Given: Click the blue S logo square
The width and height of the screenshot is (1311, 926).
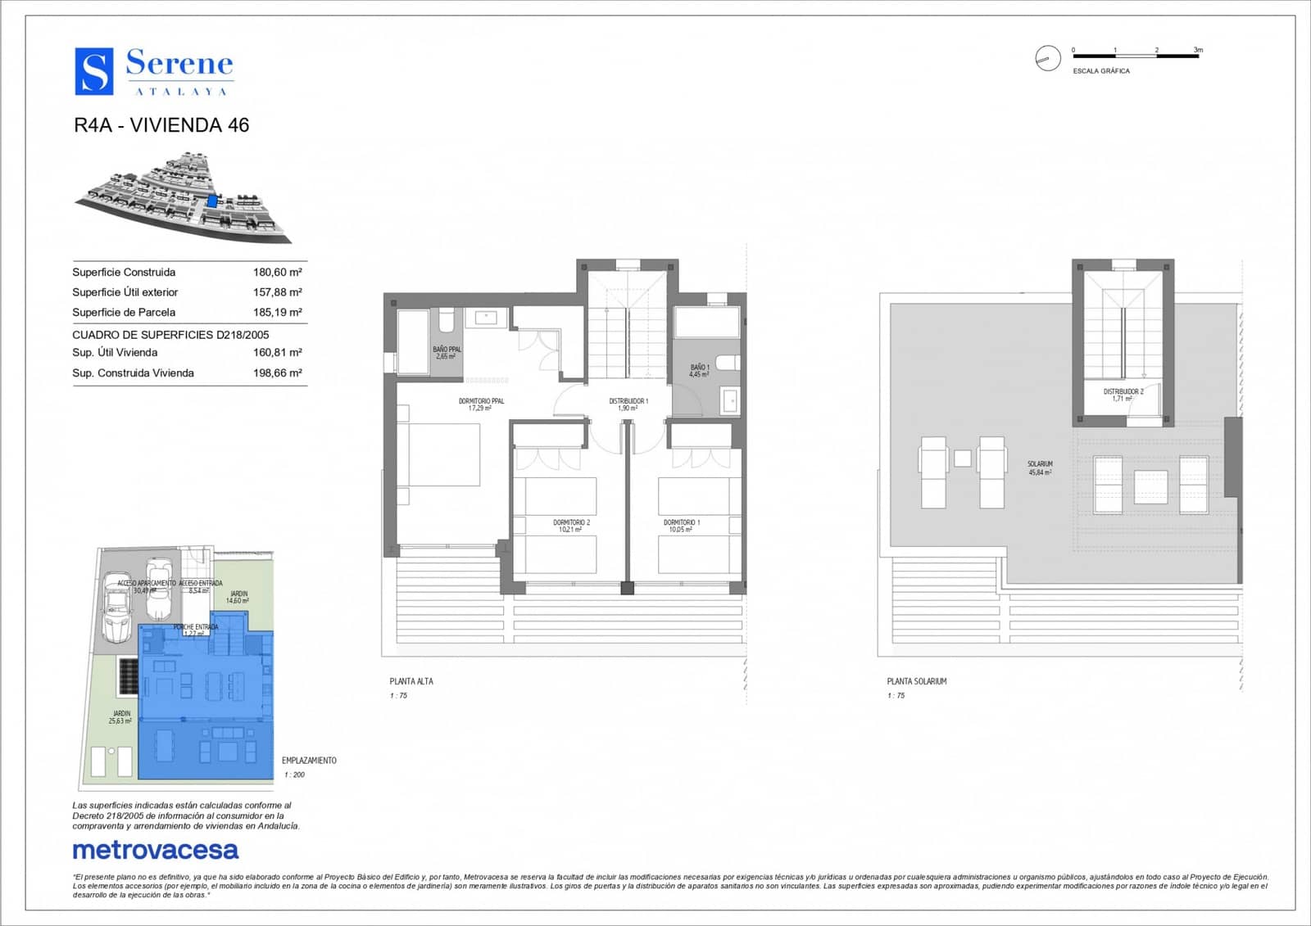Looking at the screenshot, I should (94, 71).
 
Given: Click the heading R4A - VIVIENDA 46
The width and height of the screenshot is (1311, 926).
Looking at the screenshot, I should (161, 125).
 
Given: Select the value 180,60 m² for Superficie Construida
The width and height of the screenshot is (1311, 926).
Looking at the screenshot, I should (277, 273).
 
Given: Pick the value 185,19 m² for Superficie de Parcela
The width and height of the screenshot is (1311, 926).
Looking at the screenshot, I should (277, 313).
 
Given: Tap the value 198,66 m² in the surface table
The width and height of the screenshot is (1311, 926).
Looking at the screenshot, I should (277, 373).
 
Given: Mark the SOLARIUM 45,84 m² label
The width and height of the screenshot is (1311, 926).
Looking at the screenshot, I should (1040, 468).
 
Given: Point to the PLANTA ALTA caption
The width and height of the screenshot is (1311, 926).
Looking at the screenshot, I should (411, 681).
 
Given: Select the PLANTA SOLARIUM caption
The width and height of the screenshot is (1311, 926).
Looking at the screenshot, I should (916, 681).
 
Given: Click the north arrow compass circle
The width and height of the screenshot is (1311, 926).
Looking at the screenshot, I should (1047, 58).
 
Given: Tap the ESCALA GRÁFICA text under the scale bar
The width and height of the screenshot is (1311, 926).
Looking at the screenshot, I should (1100, 71).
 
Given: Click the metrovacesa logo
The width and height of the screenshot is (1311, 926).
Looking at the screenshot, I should (156, 851).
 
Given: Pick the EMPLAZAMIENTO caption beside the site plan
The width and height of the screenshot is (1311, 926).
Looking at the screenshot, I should (309, 761).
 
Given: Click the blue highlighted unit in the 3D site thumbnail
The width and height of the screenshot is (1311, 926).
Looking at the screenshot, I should (213, 200).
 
